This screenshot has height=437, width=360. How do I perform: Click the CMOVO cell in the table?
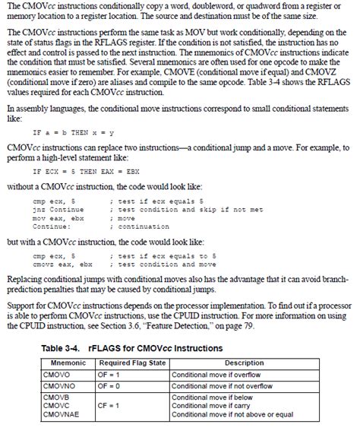[x=58, y=374]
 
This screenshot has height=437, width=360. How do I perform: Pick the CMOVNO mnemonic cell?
[x=60, y=385]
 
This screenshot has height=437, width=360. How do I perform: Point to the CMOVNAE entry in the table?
[x=62, y=414]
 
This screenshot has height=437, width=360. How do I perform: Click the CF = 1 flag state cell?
[x=112, y=406]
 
